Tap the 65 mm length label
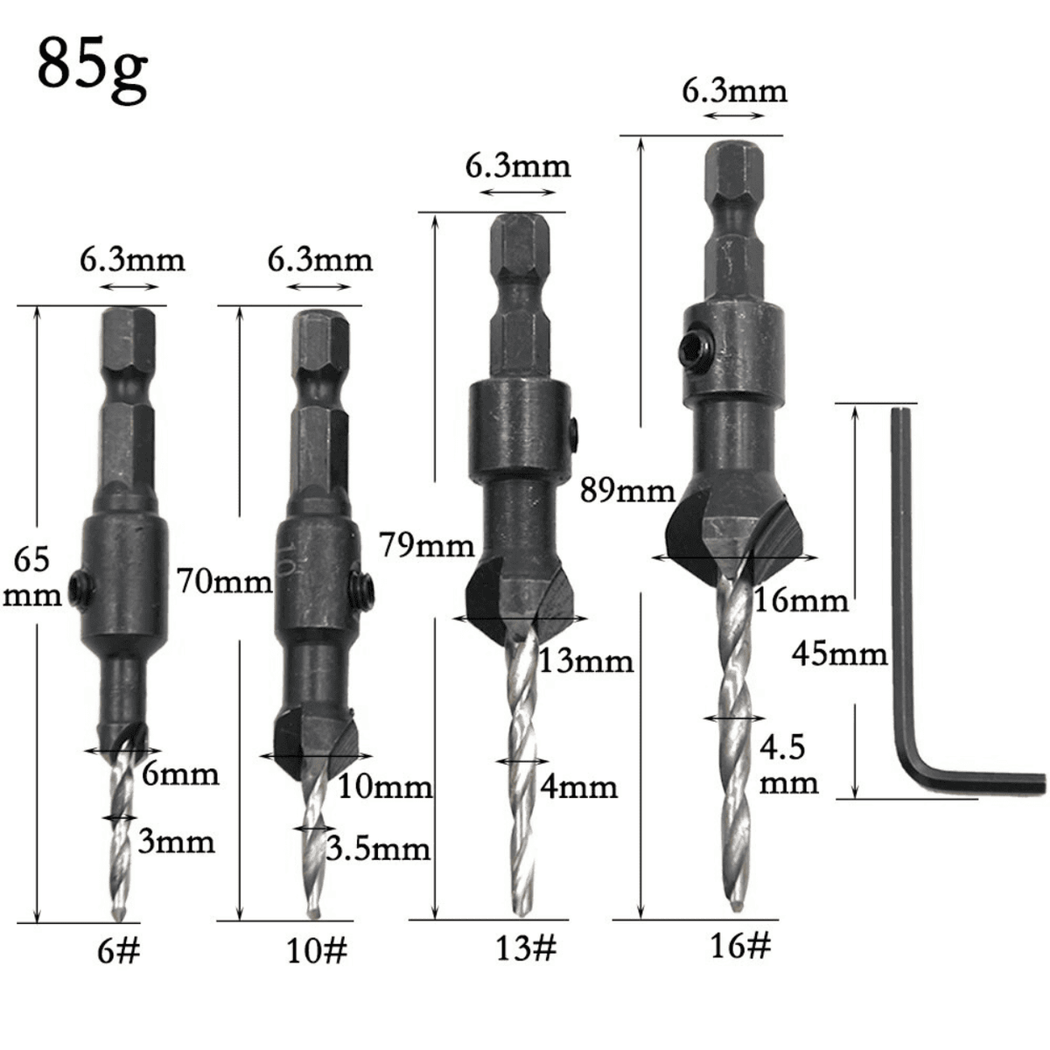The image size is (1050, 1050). (32, 577)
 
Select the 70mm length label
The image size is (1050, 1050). (225, 581)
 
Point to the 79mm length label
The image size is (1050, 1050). (427, 545)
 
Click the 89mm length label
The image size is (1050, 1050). (627, 490)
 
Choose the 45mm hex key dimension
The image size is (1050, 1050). (839, 654)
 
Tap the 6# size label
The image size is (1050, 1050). (119, 951)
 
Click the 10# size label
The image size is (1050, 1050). (317, 951)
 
